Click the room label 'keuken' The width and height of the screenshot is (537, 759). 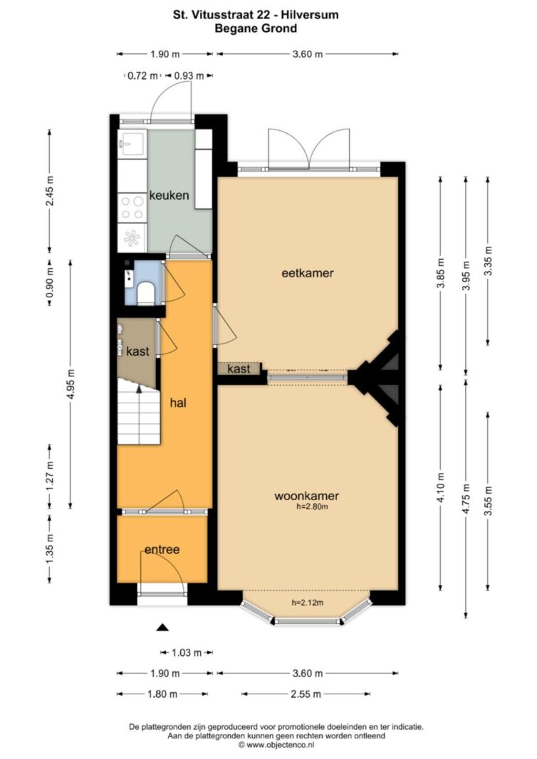click(169, 196)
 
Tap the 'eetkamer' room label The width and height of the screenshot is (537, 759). click(307, 273)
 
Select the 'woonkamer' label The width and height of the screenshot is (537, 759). click(306, 496)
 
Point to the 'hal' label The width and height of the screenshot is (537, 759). click(178, 403)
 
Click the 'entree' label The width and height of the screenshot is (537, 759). click(162, 549)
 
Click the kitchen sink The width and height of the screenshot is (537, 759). click(132, 144)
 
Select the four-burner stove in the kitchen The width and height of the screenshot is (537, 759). click(132, 207)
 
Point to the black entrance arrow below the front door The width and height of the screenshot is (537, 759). click(162, 628)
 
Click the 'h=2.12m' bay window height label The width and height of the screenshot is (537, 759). click(307, 603)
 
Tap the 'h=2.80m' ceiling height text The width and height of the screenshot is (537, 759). click(312, 506)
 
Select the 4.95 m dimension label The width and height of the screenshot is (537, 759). click(71, 385)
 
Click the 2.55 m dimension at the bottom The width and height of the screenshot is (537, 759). click(306, 694)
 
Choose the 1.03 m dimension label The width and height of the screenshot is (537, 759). click(187, 653)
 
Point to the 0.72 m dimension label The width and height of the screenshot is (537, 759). click(142, 76)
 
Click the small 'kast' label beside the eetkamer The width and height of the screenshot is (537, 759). click(239, 369)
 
